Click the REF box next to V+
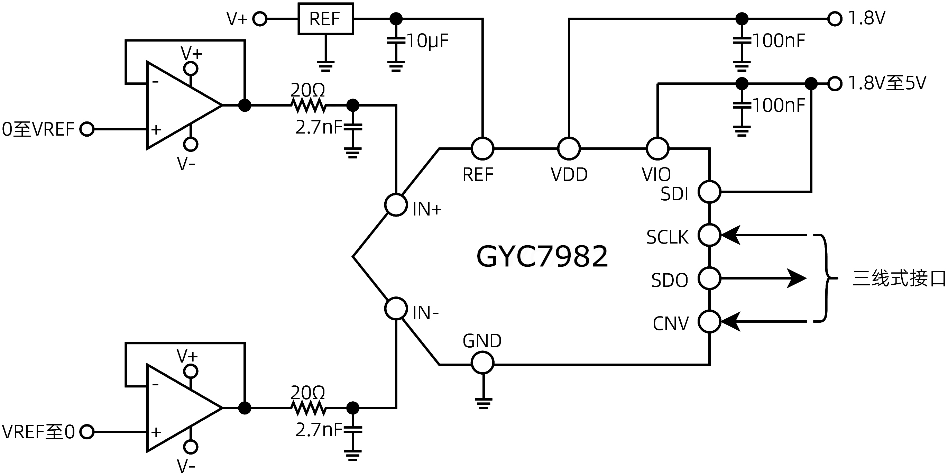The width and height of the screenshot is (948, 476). coord(325,19)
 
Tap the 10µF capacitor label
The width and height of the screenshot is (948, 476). coord(427,41)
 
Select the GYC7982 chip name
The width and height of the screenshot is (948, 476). coord(542,256)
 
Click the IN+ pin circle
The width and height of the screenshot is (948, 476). coord(396,205)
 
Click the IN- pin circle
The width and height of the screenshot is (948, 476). coord(396,309)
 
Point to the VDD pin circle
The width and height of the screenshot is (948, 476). coord(569,148)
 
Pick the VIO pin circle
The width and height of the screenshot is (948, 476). coord(657,148)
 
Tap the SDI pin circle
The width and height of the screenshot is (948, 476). coord(709,191)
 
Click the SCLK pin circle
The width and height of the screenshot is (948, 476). coord(709,235)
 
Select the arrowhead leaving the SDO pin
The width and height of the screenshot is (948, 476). coord(797,278)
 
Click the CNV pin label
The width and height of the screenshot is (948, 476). coord(670,324)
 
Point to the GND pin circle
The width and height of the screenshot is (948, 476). coord(482,362)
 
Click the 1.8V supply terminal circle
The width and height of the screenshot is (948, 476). coord(835,18)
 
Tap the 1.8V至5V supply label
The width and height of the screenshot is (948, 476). coord(887,83)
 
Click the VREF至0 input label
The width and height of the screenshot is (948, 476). coord(38,432)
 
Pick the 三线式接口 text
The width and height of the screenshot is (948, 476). coord(899,278)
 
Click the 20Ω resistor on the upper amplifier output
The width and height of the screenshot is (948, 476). coord(309,106)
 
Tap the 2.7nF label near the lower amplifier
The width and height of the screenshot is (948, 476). coord(319,430)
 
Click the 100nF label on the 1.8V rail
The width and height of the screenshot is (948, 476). coord(778,41)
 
